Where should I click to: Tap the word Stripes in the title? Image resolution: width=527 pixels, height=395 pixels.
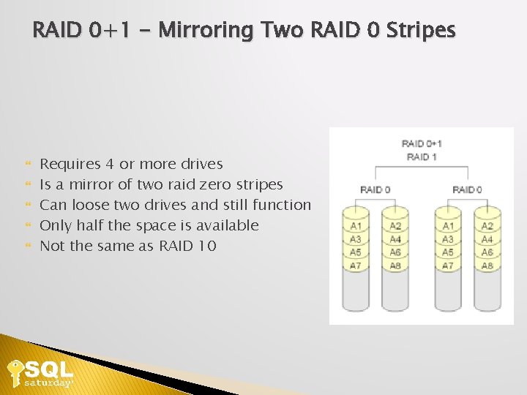point(420,31)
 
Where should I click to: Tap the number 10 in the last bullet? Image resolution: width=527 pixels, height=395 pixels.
point(207,246)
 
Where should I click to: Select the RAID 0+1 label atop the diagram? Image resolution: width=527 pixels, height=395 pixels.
point(422,143)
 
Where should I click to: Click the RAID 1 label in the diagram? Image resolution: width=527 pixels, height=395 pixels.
point(422,157)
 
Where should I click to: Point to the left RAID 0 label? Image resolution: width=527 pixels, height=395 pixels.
point(375,189)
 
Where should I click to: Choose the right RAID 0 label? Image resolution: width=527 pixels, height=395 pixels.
point(467,189)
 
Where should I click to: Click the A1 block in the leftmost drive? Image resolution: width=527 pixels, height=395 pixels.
point(356,226)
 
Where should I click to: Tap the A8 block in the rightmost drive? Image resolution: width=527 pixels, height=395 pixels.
point(487,266)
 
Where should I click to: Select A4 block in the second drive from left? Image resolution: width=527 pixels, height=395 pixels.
point(395,239)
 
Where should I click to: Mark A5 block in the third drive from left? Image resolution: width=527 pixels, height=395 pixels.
point(448,252)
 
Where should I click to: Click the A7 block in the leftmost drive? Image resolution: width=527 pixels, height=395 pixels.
point(356,266)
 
